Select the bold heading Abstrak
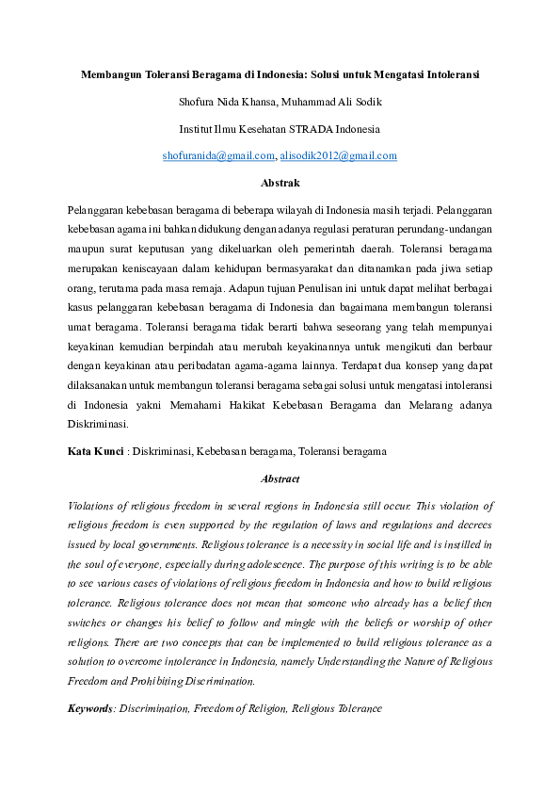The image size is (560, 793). click(x=280, y=183)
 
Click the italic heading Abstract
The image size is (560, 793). click(x=280, y=478)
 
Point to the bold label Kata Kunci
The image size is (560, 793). click(x=94, y=452)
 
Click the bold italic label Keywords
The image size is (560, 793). click(x=90, y=707)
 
